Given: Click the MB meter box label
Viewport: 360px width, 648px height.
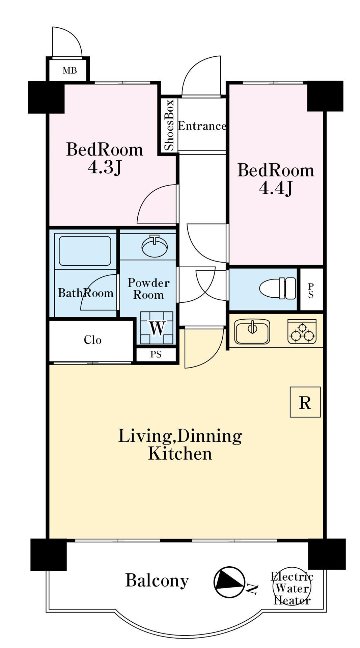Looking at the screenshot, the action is (70, 71).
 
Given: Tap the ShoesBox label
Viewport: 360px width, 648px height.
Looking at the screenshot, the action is (169, 125).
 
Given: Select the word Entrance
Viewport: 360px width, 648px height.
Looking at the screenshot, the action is (202, 126).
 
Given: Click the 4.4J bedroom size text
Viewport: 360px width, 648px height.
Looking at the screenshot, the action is (276, 188).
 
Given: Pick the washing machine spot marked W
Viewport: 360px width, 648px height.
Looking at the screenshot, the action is (157, 328).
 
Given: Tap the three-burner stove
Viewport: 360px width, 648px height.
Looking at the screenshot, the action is (302, 332).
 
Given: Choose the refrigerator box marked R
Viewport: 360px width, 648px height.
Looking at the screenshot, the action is (305, 402).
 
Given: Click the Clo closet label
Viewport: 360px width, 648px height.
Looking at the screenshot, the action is (92, 340).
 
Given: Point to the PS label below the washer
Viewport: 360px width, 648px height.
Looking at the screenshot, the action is (156, 354).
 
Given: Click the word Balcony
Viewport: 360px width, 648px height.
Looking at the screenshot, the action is (157, 581).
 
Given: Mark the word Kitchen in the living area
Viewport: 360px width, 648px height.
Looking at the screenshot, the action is (180, 453).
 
